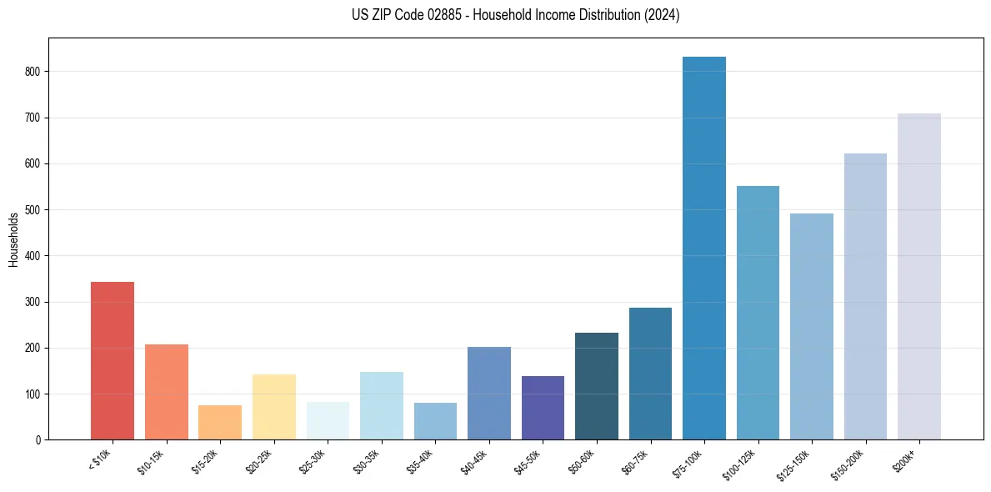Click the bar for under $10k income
113,360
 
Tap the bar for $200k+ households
919,276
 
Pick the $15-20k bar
220,422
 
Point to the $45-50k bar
543,408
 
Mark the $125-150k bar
812,326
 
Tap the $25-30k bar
328,420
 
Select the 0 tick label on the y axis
38,439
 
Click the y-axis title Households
13,239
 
